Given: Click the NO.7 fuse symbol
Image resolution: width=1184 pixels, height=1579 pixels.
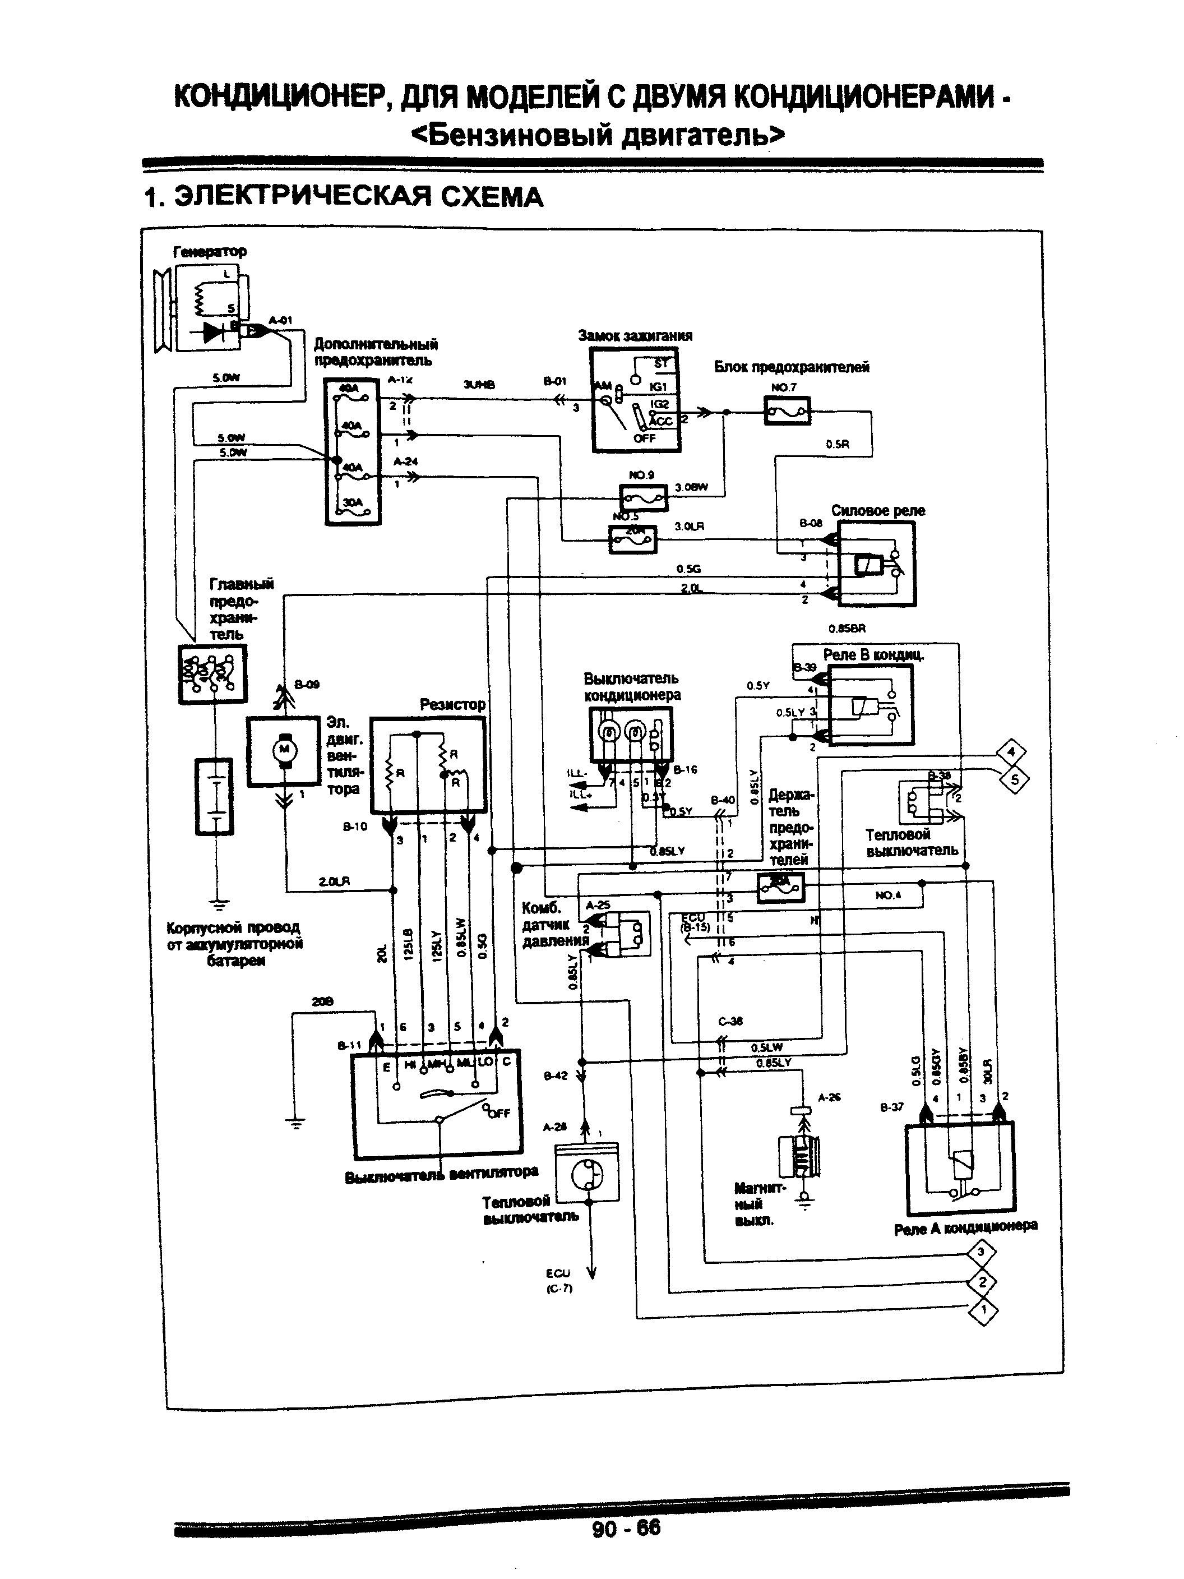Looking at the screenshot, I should pyautogui.click(x=787, y=412).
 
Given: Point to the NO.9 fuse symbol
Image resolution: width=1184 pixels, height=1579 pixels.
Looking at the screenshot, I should pyautogui.click(x=644, y=497).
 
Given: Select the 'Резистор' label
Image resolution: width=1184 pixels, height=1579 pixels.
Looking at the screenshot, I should pyautogui.click(x=452, y=705).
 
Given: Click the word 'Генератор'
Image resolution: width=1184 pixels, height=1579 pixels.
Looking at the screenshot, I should pyautogui.click(x=209, y=251).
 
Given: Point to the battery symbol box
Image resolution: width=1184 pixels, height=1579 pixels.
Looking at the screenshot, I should pyautogui.click(x=214, y=796).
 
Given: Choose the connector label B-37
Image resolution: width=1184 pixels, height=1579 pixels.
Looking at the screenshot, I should pyautogui.click(x=891, y=1107).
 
